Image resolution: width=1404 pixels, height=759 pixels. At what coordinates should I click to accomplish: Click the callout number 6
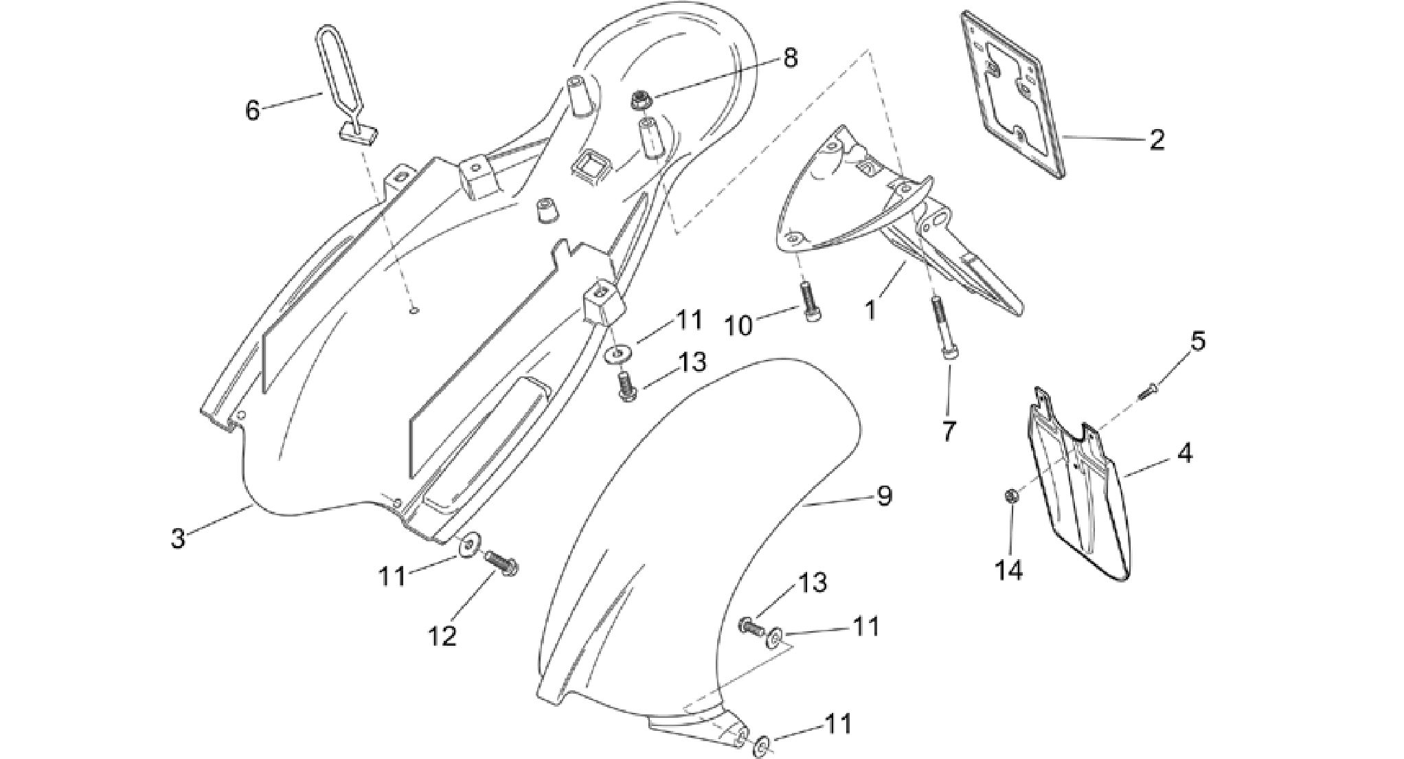click(x=253, y=110)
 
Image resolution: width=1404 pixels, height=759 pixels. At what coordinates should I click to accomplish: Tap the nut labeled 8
click(x=640, y=102)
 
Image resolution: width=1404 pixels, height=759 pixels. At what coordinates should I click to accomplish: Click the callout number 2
click(x=1157, y=139)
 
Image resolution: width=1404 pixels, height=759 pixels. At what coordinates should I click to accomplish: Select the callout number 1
click(x=870, y=310)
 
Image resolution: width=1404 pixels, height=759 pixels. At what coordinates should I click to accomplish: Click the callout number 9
click(x=884, y=495)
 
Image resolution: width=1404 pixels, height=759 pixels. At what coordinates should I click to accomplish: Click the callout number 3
click(x=178, y=538)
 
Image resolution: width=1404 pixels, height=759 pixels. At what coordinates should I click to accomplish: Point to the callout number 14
click(x=1010, y=569)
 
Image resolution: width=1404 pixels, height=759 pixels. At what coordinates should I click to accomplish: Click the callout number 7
click(x=949, y=431)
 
